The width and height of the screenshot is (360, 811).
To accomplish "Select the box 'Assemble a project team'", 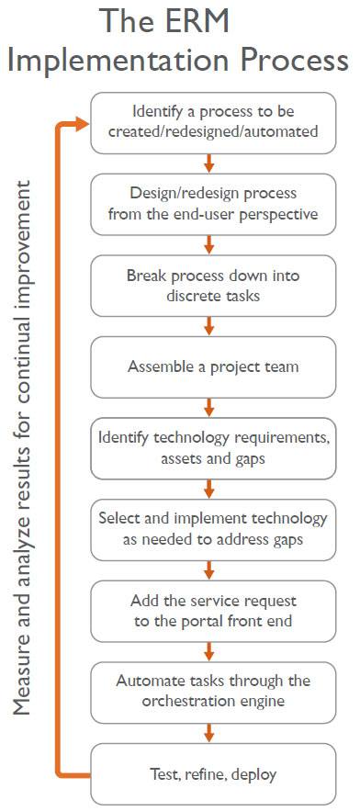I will point(211,366).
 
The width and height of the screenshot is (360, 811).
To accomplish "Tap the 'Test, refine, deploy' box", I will point(211,773).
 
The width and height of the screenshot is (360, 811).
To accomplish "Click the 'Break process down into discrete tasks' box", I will point(211,285).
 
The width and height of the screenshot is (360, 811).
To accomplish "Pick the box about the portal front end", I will point(211,611).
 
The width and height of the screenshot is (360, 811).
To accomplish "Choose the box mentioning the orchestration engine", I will point(211,692).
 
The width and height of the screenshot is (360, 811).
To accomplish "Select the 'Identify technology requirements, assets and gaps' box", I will point(211,447).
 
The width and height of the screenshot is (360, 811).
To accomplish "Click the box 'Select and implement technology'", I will point(211,529).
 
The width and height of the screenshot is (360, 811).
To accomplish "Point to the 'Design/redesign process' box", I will point(211,204).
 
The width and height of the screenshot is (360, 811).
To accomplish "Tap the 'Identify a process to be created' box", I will point(211,122).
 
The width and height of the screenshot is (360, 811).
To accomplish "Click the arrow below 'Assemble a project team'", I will point(211,407).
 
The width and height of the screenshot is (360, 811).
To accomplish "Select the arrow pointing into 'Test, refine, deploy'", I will point(211,732).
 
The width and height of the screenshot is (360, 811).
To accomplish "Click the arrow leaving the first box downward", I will point(211,163).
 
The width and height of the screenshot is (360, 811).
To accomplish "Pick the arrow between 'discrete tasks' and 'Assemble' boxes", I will point(211,326).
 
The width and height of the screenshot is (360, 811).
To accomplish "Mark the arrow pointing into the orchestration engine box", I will point(211,651).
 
